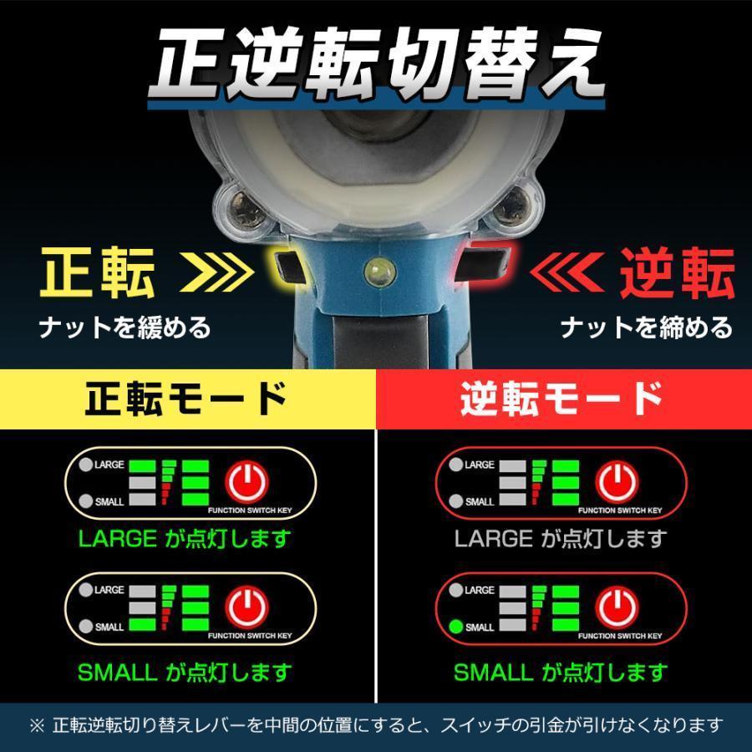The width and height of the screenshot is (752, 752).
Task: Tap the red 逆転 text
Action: point(676,273)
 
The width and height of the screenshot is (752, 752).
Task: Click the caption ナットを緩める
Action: point(124,327)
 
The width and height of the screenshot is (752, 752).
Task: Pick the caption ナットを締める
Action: point(646,327)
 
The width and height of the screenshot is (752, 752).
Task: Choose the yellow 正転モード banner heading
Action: point(187,399)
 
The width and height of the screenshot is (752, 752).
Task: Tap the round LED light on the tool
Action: point(376,269)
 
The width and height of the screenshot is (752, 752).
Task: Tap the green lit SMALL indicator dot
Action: point(455,627)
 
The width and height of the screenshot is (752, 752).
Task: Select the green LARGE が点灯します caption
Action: point(185,538)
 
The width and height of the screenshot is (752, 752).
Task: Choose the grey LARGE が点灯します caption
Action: point(561,538)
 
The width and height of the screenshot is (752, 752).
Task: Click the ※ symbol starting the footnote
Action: point(37,725)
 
